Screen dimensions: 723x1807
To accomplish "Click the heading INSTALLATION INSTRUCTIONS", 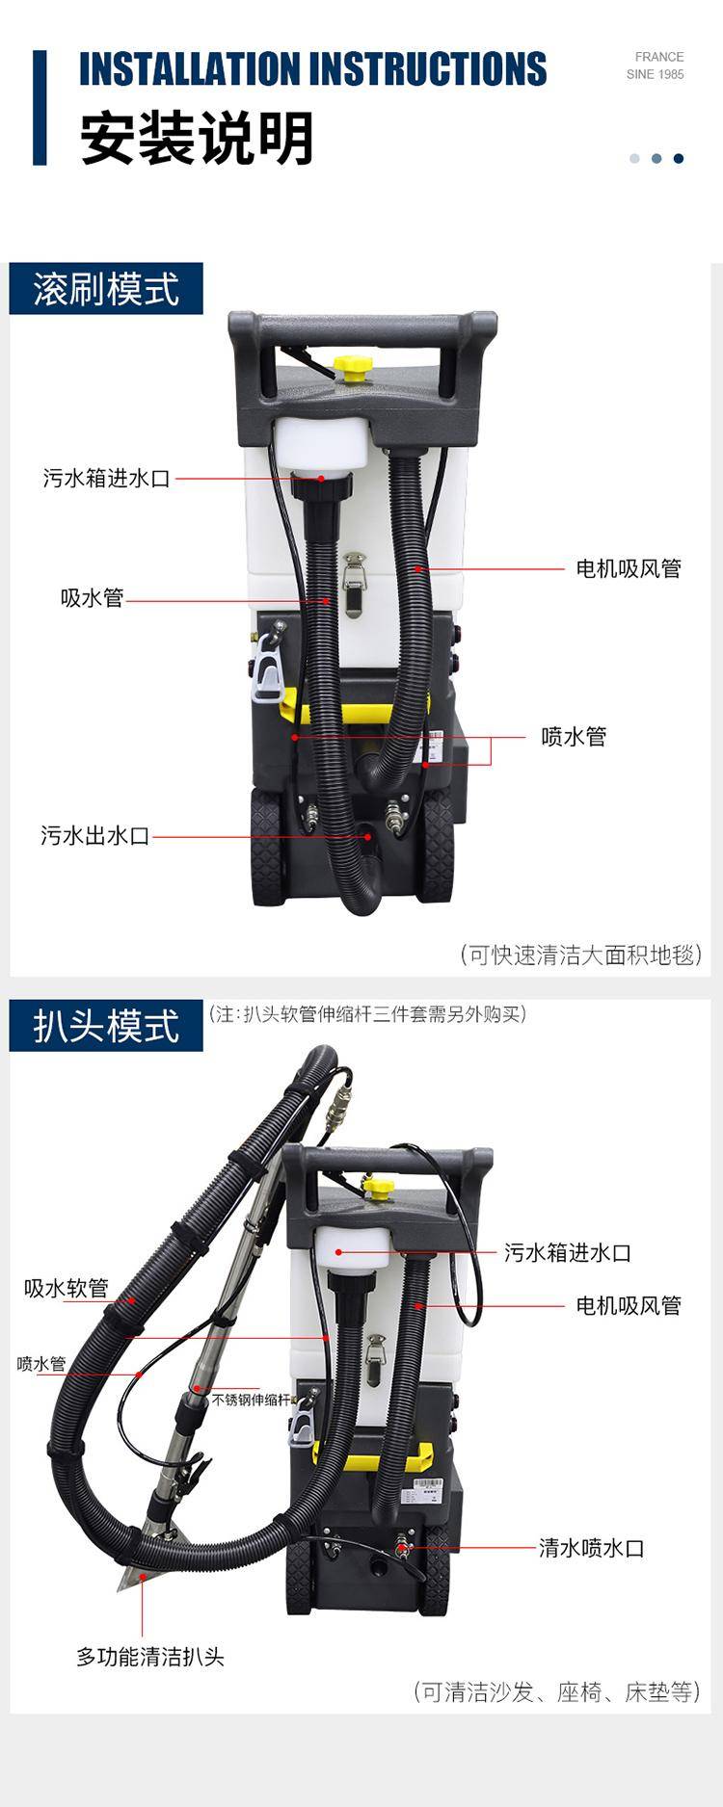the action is (312, 68).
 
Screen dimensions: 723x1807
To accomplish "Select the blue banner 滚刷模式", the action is (106, 289).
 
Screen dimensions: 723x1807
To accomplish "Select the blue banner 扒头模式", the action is (106, 1026).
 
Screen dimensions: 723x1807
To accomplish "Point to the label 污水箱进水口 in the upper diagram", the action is (106, 478).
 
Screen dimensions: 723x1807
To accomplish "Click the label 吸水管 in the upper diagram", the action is (93, 598).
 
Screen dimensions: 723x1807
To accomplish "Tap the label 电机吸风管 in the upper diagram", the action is (629, 568).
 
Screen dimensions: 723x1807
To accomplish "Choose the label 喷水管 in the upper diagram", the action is (574, 737).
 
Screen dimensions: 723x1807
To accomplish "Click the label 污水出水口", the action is (95, 835).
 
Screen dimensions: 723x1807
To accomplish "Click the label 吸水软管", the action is (67, 1288).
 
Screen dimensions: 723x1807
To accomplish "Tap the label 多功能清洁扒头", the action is (150, 1657).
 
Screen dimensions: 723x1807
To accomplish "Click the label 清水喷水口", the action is (591, 1548).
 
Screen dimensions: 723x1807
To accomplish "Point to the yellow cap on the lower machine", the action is (379, 1185).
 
